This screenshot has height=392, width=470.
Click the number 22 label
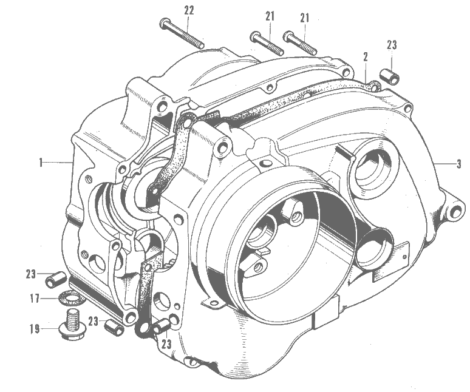coord(189,11)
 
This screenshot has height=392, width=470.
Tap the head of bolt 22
coord(165,23)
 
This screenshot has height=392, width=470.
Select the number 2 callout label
coord(366,56)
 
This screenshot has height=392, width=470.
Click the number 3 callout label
coord(459,164)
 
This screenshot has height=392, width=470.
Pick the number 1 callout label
coord(41,163)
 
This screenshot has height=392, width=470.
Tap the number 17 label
coord(35,299)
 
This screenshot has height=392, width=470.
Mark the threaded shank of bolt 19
coord(71,318)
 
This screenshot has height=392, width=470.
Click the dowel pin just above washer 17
coord(55,279)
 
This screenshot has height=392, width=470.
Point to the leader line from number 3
coord(445,164)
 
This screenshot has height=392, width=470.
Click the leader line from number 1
coord(58,162)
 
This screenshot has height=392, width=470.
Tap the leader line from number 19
coord(50,328)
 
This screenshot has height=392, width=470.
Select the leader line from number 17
coord(49,299)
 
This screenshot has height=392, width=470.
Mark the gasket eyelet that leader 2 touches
coord(375,86)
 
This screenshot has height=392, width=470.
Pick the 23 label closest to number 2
coord(392,46)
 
